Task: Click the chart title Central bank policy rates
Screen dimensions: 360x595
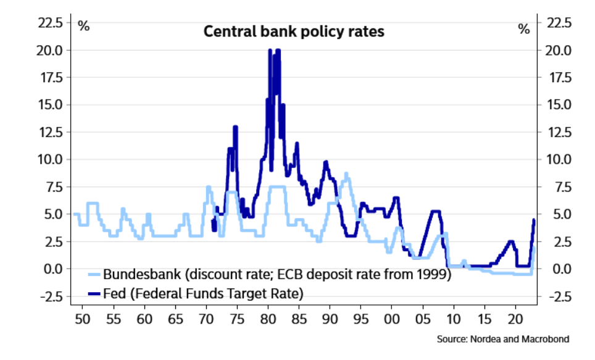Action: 294,31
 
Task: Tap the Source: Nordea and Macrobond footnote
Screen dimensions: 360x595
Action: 502,339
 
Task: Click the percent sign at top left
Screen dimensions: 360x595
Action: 83,27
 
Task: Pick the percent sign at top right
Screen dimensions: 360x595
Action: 524,28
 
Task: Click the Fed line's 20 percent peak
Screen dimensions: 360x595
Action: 270,51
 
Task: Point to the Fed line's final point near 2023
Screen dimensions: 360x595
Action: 533,220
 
